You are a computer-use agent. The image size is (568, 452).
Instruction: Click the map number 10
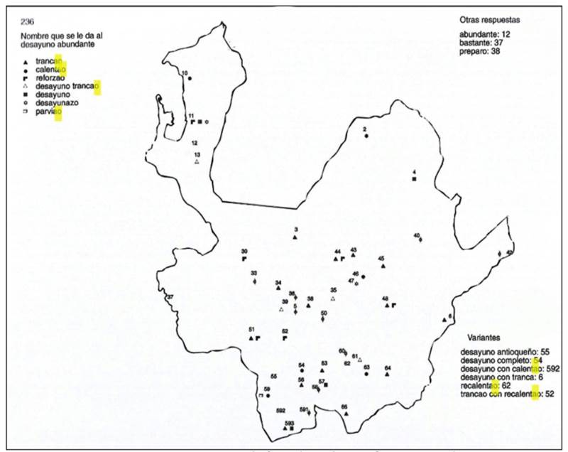(185, 73)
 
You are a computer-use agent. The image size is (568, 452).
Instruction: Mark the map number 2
(364, 129)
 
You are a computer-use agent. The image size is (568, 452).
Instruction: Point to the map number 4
(413, 172)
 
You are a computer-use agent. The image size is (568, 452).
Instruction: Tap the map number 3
(295, 229)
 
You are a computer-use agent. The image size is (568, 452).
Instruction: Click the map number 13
(197, 154)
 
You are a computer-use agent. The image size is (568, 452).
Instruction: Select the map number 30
(244, 252)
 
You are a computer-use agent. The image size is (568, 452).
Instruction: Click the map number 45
(381, 259)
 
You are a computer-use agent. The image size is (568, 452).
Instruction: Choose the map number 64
(388, 367)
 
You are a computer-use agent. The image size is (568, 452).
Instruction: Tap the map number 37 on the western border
(170, 297)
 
